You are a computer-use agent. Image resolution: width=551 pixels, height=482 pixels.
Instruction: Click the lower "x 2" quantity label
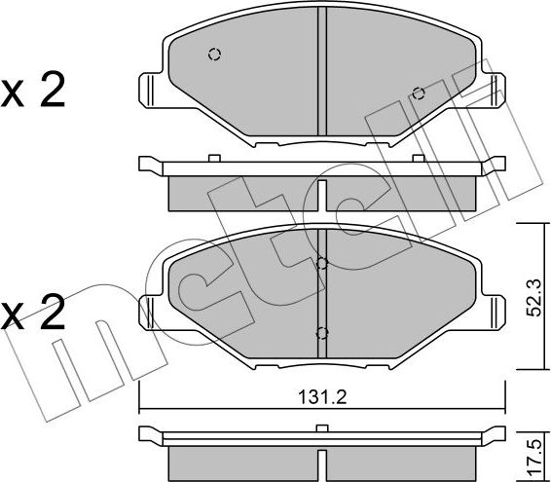point(33,314)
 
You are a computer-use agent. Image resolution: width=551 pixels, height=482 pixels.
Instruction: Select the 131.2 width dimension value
point(320,397)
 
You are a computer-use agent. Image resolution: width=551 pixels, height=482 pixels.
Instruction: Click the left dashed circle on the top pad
point(214,55)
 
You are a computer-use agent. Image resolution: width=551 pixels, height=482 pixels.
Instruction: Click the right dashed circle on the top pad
point(418,93)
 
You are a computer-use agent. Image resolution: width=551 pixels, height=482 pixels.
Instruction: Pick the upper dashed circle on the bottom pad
point(322,263)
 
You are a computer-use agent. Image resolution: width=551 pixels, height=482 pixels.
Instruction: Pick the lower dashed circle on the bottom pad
point(322,332)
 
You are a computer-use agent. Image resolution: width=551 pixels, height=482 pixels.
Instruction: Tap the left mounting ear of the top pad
point(148,90)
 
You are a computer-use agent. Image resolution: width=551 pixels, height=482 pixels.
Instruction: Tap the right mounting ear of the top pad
point(496,90)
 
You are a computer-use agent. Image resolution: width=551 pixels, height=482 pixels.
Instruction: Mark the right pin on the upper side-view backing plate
point(418,157)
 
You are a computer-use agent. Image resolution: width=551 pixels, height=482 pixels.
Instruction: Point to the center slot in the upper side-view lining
point(322,191)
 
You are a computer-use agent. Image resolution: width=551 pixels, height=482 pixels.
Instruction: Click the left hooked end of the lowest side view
point(146,433)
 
